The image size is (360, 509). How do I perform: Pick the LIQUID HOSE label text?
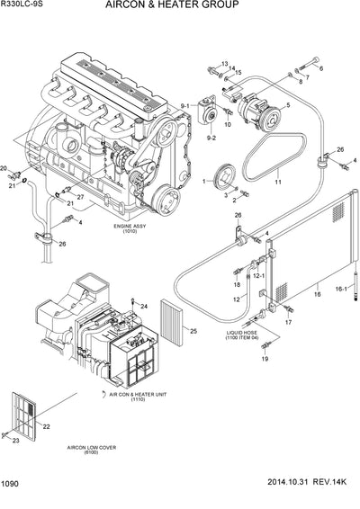click(x=242, y=334)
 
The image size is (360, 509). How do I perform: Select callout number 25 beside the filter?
click(x=193, y=332)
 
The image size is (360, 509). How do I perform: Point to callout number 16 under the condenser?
click(x=317, y=293)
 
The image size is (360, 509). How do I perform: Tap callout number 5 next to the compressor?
click(x=288, y=106)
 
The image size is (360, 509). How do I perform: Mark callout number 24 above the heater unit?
click(x=142, y=307)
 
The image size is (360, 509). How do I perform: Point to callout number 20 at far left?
click(x=4, y=168)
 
